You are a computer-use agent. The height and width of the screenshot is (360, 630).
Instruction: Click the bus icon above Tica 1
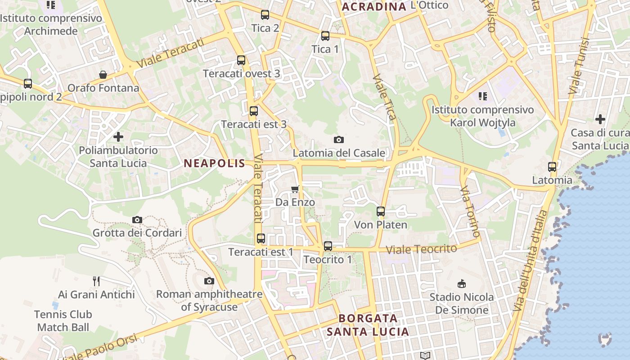[x=325, y=36]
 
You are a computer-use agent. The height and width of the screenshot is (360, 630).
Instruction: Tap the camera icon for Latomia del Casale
[x=339, y=139]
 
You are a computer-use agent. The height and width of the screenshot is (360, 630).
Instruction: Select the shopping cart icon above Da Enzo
[x=295, y=189]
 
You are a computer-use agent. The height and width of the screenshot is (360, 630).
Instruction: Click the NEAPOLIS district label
[x=214, y=163]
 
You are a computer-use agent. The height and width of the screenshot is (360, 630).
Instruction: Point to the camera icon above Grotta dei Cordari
[x=137, y=220]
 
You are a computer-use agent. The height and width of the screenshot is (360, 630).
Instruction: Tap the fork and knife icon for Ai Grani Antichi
[x=96, y=281]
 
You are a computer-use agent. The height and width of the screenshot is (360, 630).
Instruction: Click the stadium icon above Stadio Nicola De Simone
[x=461, y=283]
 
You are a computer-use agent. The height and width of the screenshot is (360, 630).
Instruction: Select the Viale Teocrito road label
[x=421, y=249]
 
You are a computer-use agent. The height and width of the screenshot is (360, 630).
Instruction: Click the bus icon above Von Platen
[x=381, y=211]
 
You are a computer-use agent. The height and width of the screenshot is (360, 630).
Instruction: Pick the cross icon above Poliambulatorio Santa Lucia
[x=118, y=136]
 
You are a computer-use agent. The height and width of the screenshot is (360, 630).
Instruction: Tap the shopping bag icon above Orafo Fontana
[x=103, y=74]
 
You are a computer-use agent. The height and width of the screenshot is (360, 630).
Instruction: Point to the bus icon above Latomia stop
[x=552, y=167]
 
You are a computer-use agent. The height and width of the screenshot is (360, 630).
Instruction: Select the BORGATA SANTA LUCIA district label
[x=368, y=325]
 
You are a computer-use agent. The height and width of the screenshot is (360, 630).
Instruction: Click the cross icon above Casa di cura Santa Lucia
[x=600, y=119]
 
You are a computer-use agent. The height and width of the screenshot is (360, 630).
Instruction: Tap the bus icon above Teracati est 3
[x=254, y=111]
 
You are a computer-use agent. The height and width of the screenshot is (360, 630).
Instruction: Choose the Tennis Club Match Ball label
[x=63, y=321]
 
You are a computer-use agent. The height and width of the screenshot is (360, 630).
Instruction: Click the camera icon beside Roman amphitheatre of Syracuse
[x=209, y=281]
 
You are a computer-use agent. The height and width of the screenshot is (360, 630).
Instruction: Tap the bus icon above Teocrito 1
[x=328, y=246]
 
